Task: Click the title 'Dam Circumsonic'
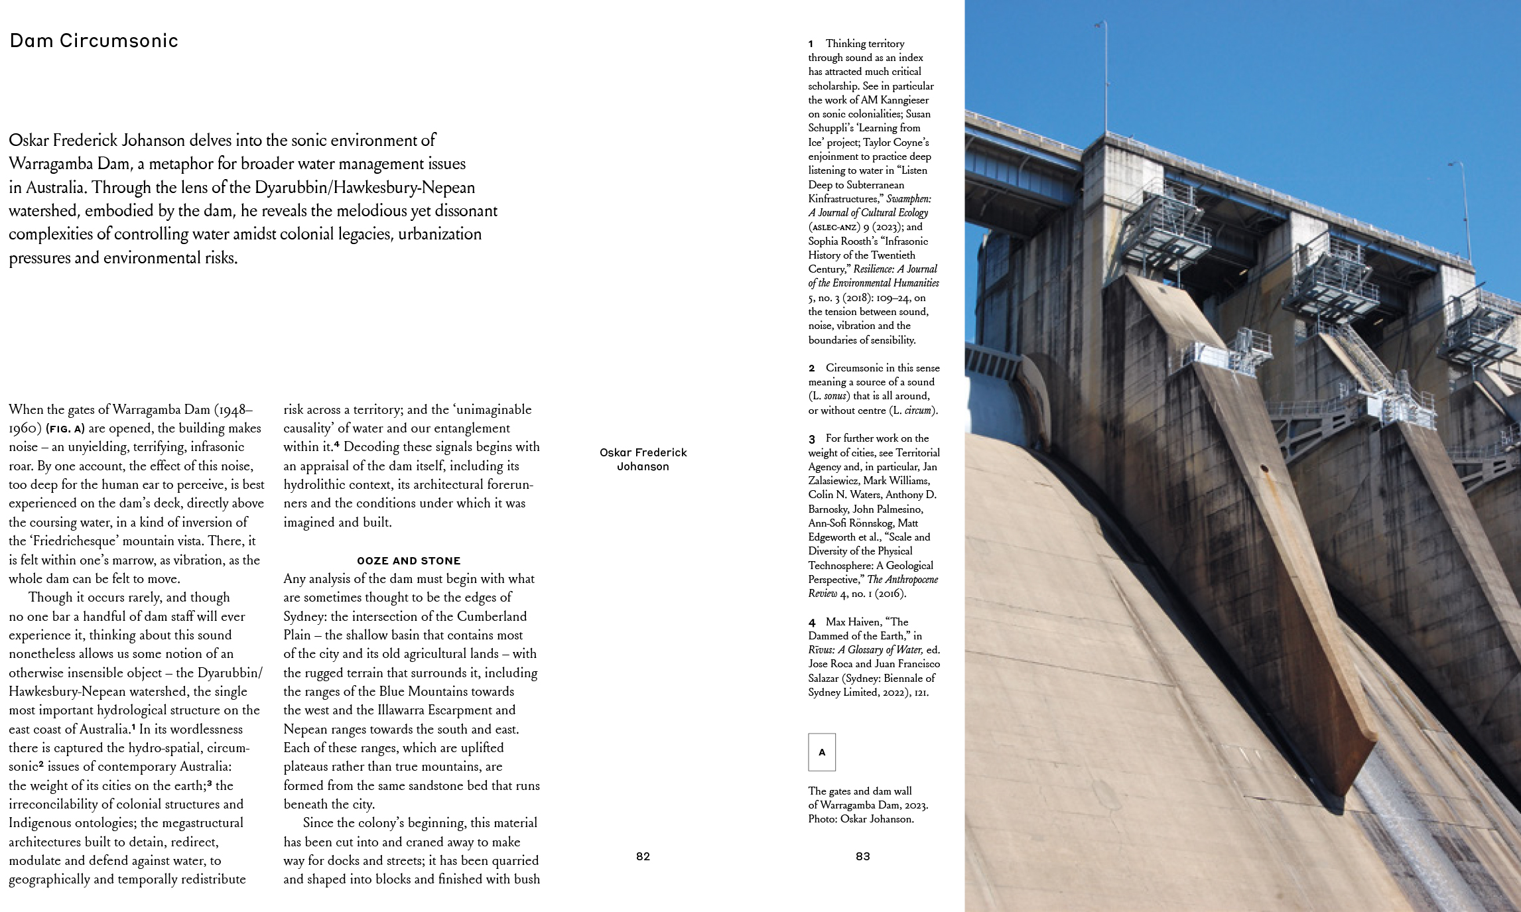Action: click(x=94, y=41)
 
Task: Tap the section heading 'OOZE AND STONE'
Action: click(x=409, y=560)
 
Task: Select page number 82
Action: click(x=643, y=856)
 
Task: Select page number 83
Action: click(x=862, y=856)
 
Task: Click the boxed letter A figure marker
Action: click(x=822, y=752)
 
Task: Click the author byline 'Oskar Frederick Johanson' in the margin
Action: click(x=643, y=459)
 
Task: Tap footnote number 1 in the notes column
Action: click(x=811, y=44)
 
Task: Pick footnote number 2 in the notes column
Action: click(x=811, y=368)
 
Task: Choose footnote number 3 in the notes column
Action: click(x=811, y=438)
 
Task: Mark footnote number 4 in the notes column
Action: click(x=811, y=622)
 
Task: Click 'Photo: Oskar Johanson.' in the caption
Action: click(x=860, y=819)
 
